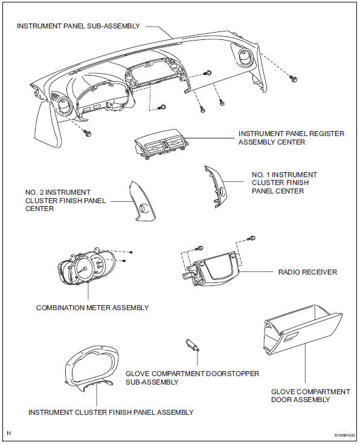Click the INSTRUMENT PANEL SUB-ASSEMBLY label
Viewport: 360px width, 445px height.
(79, 26)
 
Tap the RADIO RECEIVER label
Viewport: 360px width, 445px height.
(307, 272)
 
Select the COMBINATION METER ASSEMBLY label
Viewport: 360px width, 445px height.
(92, 308)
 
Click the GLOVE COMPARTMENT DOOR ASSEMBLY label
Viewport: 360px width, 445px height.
(310, 396)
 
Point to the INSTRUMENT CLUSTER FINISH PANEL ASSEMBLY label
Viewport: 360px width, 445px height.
(111, 412)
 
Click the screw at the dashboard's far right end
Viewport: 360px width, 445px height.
(294, 78)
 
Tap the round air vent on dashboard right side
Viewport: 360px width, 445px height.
(246, 62)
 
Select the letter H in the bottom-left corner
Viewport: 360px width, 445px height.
(7, 434)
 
